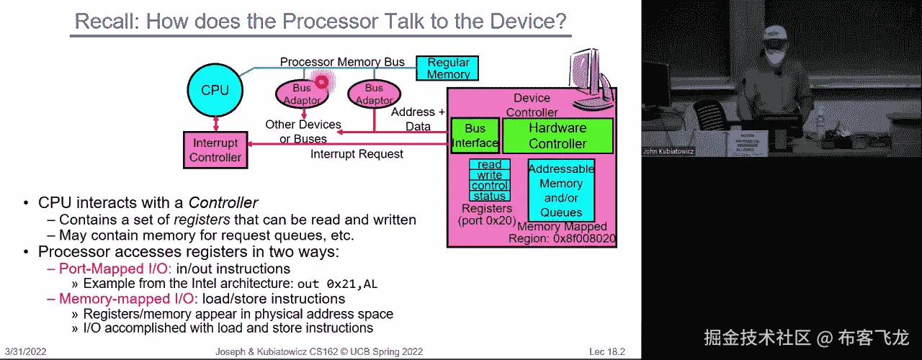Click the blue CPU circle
click(215, 90)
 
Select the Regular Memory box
click(448, 68)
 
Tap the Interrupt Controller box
click(215, 150)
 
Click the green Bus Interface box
click(475, 135)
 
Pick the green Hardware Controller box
click(558, 135)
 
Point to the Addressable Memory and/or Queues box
click(561, 190)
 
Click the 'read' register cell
click(490, 165)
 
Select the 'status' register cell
click(490, 196)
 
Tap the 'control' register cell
click(490, 186)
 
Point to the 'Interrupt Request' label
click(357, 154)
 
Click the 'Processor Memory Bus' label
click(342, 63)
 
